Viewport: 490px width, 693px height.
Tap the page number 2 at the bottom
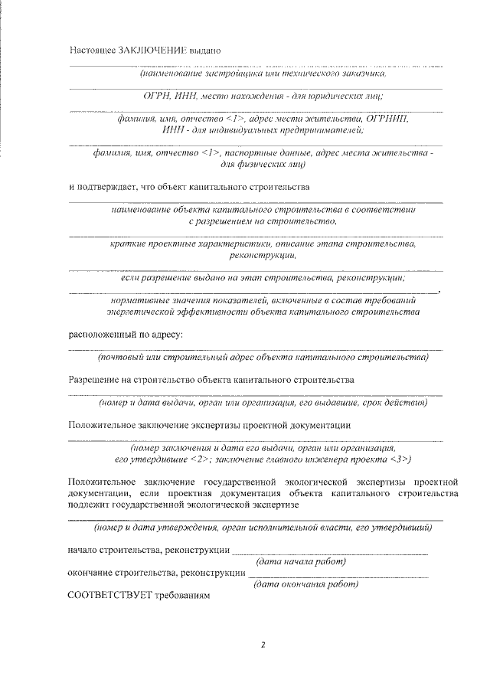(262, 645)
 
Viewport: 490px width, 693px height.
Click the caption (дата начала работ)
(301, 562)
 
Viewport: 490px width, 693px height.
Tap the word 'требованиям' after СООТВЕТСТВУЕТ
(181, 595)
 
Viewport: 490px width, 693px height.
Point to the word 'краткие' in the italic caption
(127, 244)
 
